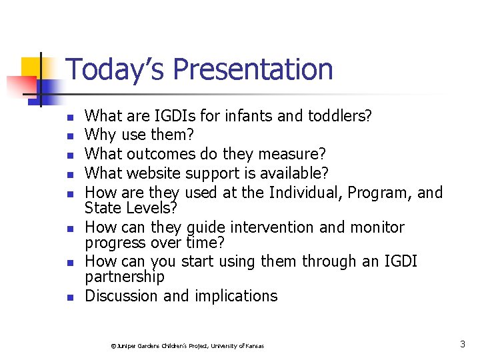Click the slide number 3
pyautogui.click(x=462, y=345)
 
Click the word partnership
pyautogui.click(x=125, y=276)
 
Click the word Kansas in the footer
pyautogui.click(x=253, y=346)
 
